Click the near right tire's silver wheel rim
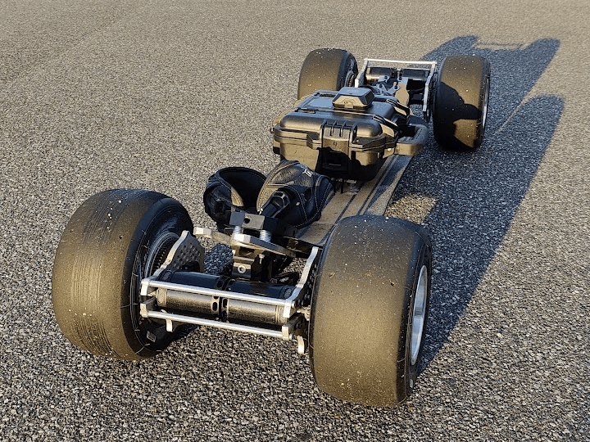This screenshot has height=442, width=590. [x=418, y=315]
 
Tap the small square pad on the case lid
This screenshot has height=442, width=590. [x=353, y=99]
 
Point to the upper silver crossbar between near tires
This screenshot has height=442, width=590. [x=217, y=287]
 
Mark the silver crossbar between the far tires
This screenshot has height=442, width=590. [x=397, y=63]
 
